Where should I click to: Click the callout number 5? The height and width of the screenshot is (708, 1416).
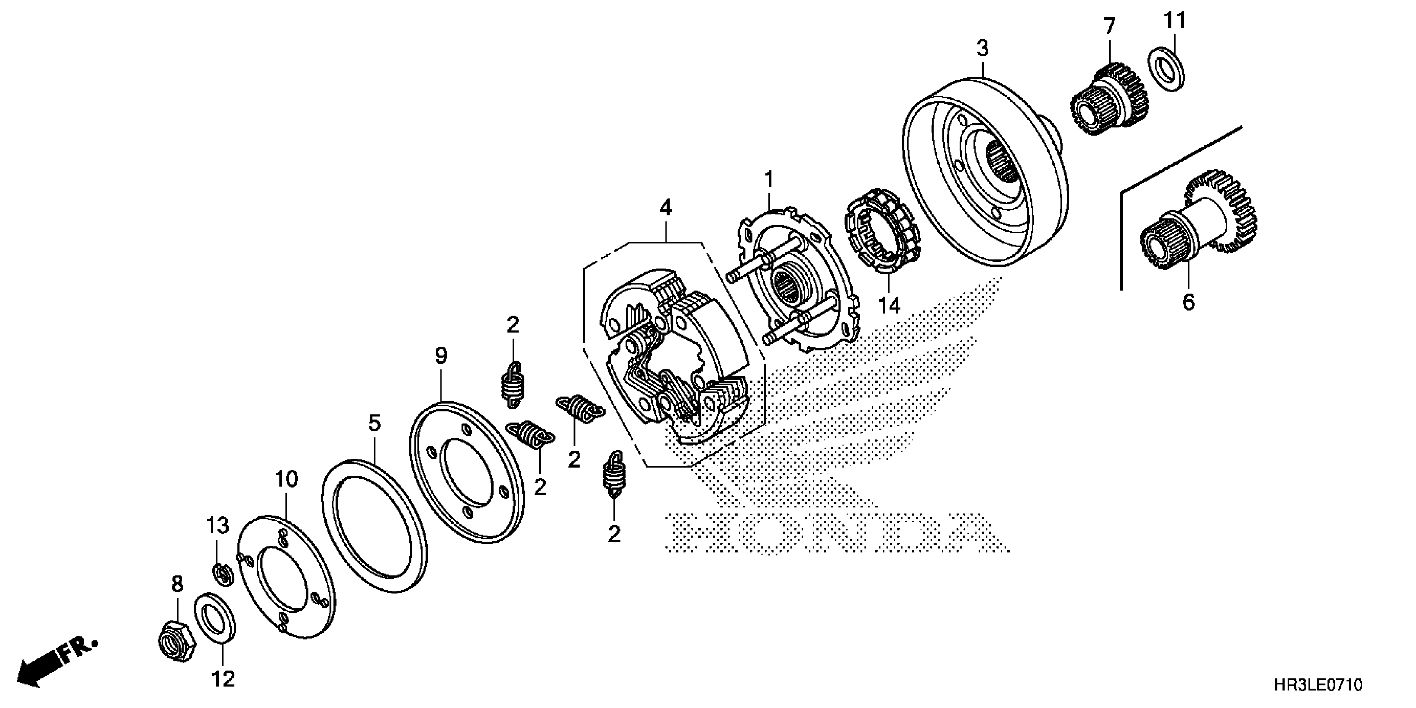coord(374,423)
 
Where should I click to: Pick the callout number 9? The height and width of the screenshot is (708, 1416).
coord(441,356)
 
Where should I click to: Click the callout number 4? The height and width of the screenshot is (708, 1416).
coord(666,208)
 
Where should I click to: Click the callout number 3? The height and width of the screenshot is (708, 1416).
coord(982,48)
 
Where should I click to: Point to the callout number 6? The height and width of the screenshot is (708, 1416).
coord(1189,302)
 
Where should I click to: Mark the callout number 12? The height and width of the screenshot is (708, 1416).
coord(224,679)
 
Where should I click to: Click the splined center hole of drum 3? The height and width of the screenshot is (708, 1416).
coord(1002,160)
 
